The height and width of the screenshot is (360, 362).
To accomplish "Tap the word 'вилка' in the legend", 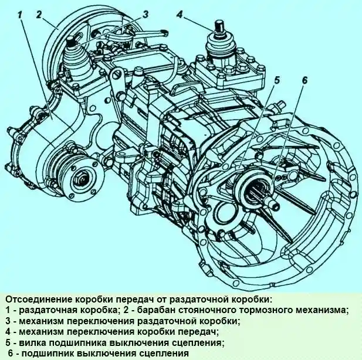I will (29, 342).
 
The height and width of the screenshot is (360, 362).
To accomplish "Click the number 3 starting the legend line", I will (6, 320).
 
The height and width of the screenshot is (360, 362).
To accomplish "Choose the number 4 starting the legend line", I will (6, 331).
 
